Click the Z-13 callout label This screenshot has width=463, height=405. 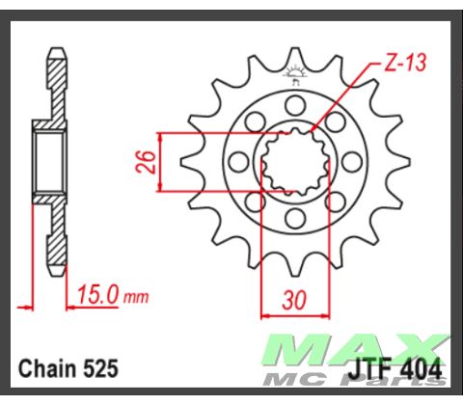(x=405, y=63)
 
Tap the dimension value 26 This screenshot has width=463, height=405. (x=146, y=162)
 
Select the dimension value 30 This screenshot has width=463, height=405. (x=294, y=301)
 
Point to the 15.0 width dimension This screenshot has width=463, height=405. (x=98, y=295)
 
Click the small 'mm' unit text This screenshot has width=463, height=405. (x=136, y=298)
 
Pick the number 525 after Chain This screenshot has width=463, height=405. (x=100, y=368)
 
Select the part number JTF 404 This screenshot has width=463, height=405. (x=395, y=370)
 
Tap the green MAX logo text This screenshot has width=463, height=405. (x=357, y=349)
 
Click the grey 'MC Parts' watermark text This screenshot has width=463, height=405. (x=354, y=380)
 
